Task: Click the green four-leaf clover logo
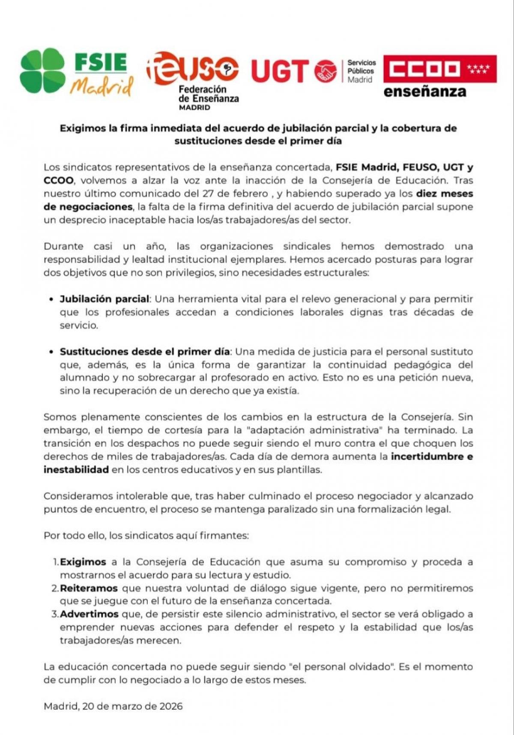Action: pos(42,71)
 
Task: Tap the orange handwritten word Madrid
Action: pos(102,87)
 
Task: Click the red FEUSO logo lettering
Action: pos(192,69)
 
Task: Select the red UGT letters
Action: pos(280,71)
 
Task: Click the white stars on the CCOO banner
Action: pos(478,69)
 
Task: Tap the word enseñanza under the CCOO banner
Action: pos(424,92)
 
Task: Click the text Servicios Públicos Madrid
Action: pos(361,71)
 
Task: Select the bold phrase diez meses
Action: pos(444,194)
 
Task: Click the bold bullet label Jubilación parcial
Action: pos(105,299)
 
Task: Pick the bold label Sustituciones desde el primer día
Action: pos(145,352)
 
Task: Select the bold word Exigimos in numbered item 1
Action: pos(83,562)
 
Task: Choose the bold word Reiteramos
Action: pos(89,589)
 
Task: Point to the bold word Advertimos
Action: pos(89,614)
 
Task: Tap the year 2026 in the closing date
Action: pos(171,706)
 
